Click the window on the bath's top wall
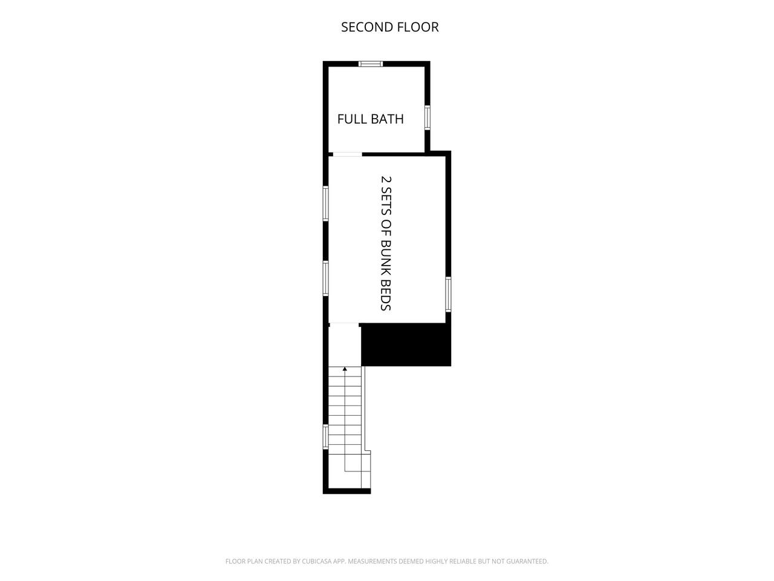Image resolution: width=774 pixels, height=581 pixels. pos(371,64)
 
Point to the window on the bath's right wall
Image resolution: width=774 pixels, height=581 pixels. pos(428,117)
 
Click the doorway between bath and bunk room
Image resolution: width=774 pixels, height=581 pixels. pos(347,154)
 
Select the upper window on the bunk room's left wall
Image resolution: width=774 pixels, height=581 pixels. pos(326,203)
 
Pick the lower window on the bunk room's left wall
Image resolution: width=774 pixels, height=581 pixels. pos(326,278)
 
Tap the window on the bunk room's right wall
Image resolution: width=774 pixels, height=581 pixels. pos(448,295)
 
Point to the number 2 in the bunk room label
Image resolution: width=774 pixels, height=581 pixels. pos(386,179)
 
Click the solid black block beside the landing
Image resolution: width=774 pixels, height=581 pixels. pos(406,344)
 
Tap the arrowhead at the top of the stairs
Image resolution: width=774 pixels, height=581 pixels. pos(345,369)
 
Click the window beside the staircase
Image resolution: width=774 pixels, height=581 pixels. pos(326,437)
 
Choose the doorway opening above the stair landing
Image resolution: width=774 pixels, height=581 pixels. pos(344,323)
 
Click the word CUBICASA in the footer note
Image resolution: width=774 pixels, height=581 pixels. pos(317,561)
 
